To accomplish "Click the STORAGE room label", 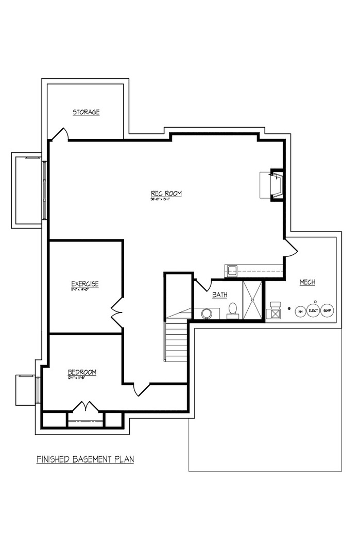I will pyautogui.click(x=86, y=112).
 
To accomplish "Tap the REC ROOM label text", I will pyautogui.click(x=166, y=194).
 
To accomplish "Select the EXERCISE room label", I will pyautogui.click(x=85, y=284).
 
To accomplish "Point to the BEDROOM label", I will pyautogui.click(x=82, y=372).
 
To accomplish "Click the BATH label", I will pyautogui.click(x=220, y=295).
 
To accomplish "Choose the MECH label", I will pyautogui.click(x=307, y=282).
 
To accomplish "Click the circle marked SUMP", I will pyautogui.click(x=327, y=310).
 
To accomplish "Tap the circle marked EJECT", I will pyautogui.click(x=313, y=310).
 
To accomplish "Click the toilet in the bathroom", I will pyautogui.click(x=233, y=310).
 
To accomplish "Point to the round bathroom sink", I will pyautogui.click(x=207, y=313).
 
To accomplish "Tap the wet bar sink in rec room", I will pyautogui.click(x=231, y=270).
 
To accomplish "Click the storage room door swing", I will pyautogui.click(x=60, y=134).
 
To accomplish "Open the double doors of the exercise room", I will pyautogui.click(x=117, y=312).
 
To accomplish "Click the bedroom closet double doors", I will pyautogui.click(x=85, y=407).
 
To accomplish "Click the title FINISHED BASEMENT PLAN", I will pyautogui.click(x=85, y=459).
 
